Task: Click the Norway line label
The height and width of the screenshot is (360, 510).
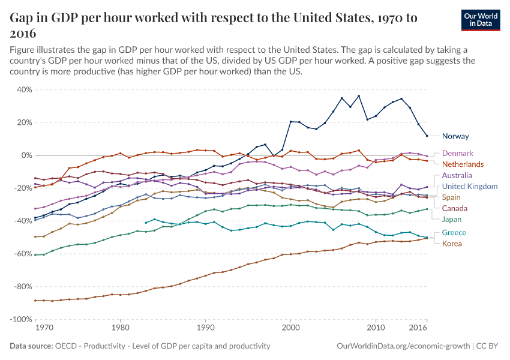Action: point(455,136)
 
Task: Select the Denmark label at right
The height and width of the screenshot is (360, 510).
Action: point(457,153)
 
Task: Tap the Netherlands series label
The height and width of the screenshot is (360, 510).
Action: point(463,164)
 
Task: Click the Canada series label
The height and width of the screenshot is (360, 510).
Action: point(455,208)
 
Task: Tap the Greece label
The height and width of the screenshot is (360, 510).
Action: point(454,233)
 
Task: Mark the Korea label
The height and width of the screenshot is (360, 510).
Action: point(452,244)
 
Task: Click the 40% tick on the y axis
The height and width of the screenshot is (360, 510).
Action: point(24,90)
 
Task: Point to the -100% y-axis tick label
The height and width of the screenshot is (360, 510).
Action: point(21,319)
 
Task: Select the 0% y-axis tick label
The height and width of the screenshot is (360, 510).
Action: point(26,155)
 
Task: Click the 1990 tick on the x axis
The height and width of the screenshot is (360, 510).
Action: point(206,329)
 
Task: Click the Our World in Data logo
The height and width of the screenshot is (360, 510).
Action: point(481,20)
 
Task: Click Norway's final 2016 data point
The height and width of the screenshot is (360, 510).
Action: point(427,136)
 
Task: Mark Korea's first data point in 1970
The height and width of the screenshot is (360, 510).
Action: point(35,301)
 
